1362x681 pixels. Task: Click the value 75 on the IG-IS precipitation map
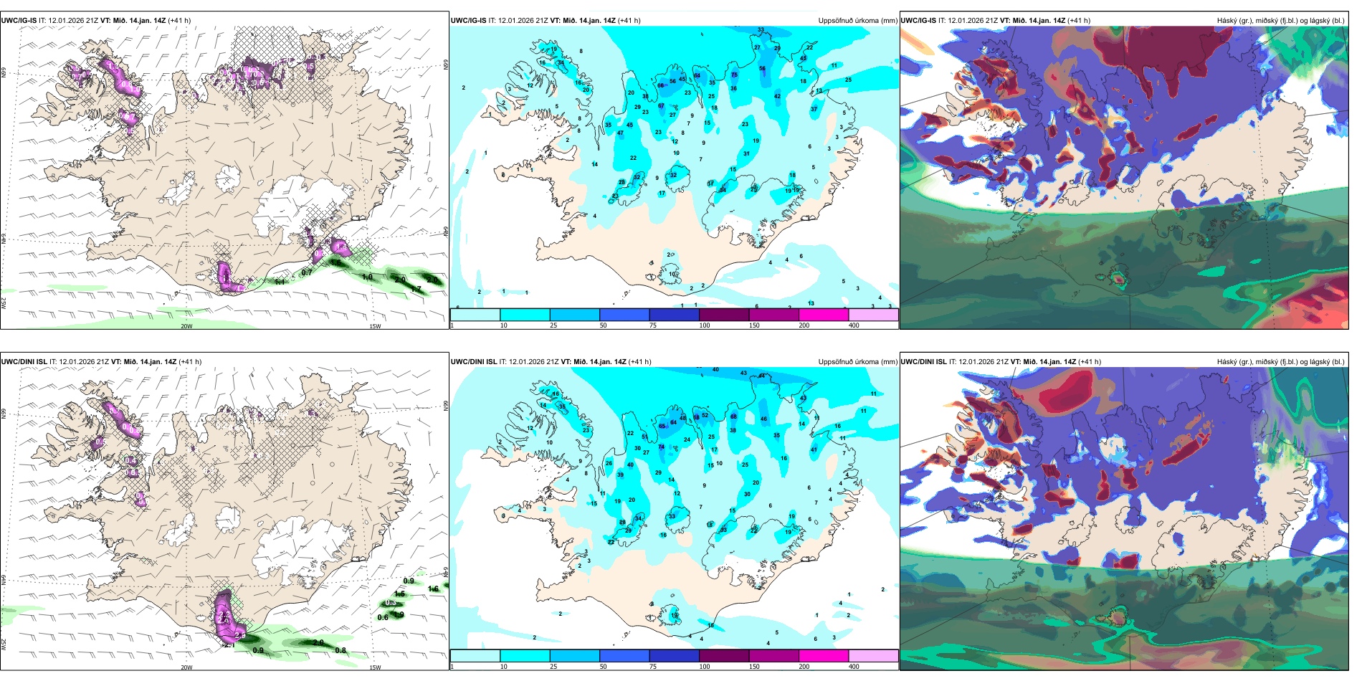tap(734, 75)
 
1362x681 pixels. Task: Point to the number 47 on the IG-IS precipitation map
tap(621, 133)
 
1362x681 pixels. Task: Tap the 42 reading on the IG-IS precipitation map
tap(778, 96)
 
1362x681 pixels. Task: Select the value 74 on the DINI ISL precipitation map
tap(662, 447)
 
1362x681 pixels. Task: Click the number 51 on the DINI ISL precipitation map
tap(644, 437)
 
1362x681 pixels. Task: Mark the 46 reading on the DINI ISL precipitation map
tap(763, 419)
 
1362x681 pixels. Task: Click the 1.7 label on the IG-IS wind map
tap(416, 289)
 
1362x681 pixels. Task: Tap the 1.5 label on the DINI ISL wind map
tap(400, 594)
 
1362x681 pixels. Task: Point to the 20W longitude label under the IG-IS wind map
tap(186, 326)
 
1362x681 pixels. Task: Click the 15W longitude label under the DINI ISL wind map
tap(375, 667)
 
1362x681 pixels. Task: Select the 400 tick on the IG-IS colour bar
tap(854, 325)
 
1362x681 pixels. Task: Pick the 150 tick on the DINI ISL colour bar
tap(754, 667)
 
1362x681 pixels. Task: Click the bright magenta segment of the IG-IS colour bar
tap(823, 315)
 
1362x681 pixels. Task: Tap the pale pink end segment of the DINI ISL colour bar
tap(873, 656)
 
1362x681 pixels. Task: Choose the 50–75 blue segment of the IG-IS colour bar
tap(624, 315)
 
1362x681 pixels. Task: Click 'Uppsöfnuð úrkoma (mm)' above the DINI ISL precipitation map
tap(857, 362)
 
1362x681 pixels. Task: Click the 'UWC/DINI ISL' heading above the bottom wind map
tap(24, 362)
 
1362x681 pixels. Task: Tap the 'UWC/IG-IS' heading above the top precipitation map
tap(468, 21)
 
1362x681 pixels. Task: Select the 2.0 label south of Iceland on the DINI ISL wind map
tap(318, 643)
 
